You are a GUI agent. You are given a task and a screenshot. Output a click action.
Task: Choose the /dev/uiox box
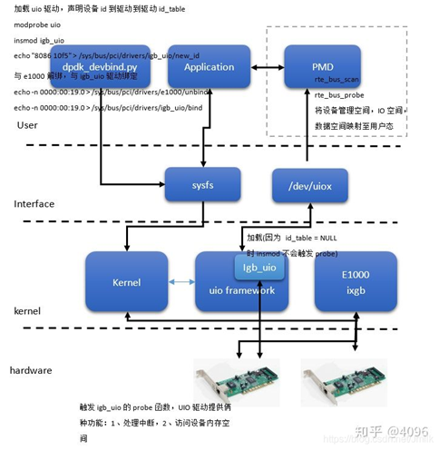(x=309, y=186)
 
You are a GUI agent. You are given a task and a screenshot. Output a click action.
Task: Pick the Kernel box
(x=126, y=282)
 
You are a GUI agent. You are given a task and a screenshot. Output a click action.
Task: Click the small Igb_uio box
(x=258, y=268)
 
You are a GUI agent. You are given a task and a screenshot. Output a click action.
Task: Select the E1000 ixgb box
(x=355, y=282)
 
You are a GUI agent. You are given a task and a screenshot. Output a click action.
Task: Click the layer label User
(x=27, y=125)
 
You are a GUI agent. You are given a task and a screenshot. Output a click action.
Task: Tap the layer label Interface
(x=34, y=204)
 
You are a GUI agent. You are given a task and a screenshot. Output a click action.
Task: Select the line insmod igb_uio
(x=39, y=41)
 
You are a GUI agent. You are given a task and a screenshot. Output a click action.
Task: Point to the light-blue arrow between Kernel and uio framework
(x=181, y=282)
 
